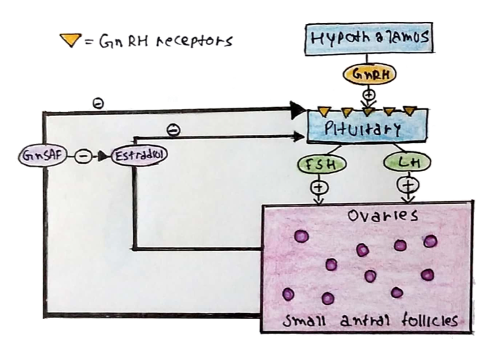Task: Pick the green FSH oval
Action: [x=318, y=164]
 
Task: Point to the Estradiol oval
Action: [x=138, y=155]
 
